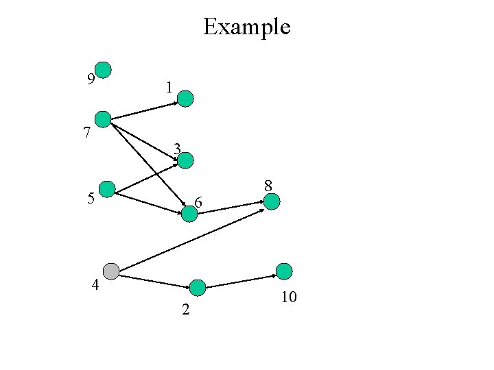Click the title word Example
coord(247,27)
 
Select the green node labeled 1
coord(186,99)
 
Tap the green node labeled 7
coord(103,119)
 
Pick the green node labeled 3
coord(186,160)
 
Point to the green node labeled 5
coord(107,189)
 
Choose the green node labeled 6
coord(189,214)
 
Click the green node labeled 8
coord(272,201)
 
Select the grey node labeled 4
coord(110,271)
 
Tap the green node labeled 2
coord(198,288)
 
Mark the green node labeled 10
coord(284,271)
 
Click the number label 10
coord(288,297)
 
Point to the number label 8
coord(268,185)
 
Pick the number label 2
coord(185,310)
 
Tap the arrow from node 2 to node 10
coord(241,282)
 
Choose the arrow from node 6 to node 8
coord(231,208)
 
